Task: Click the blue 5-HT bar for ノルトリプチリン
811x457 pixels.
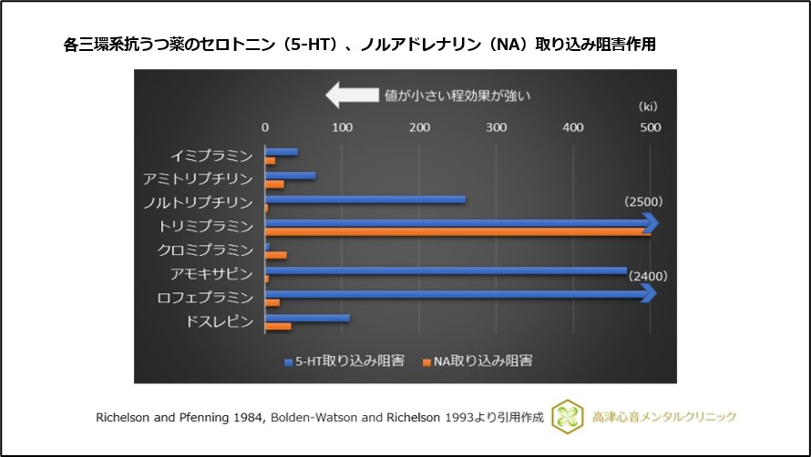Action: coord(364,199)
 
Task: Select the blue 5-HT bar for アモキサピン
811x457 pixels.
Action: coord(446,269)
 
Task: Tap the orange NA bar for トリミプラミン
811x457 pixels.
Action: coord(456,231)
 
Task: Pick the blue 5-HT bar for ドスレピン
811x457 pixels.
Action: coord(307,318)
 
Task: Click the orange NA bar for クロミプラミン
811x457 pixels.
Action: coord(275,255)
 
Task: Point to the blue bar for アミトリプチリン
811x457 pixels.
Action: coord(290,176)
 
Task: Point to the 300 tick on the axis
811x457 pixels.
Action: coord(496,128)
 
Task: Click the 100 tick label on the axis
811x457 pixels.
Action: coord(342,128)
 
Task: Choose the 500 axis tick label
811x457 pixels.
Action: coord(650,128)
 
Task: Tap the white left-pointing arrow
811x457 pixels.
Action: coord(353,95)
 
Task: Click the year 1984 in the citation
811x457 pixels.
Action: coord(245,417)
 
